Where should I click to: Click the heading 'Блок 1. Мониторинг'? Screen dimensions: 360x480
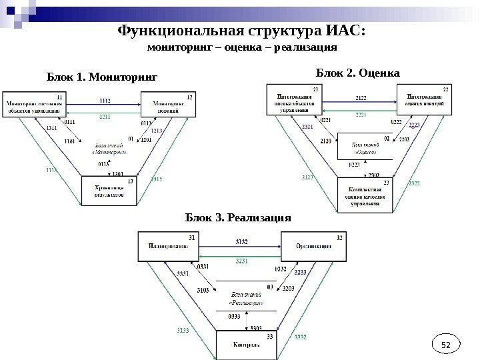coord(101,77)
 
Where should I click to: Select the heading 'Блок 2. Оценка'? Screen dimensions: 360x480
coord(357,72)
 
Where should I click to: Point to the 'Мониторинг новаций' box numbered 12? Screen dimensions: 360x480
coord(168,106)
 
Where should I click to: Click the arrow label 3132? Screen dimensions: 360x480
coord(242,241)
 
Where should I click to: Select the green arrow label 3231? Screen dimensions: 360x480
coord(242,261)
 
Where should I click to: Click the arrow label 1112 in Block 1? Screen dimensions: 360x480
coord(105,100)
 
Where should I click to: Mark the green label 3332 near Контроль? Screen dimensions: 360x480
coord(301,338)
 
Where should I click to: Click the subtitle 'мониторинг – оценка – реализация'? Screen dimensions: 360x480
coord(241,48)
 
